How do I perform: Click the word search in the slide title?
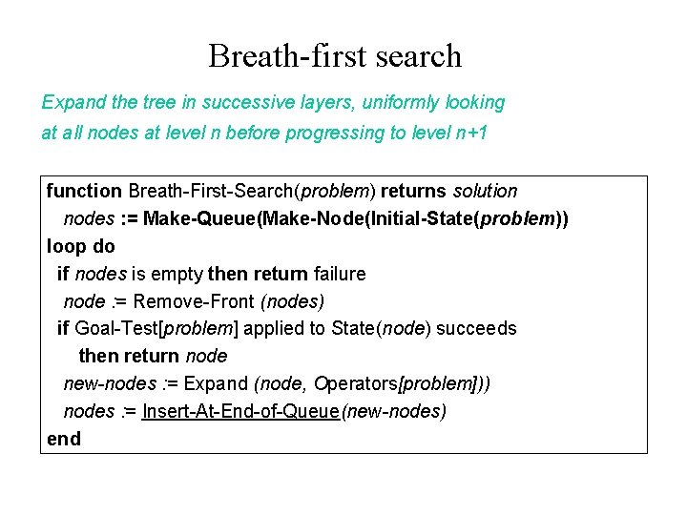coord(417,56)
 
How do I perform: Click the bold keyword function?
coord(84,192)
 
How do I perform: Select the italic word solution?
coord(485,192)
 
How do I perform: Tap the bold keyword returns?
coord(413,192)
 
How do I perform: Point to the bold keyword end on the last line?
coord(64,440)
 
